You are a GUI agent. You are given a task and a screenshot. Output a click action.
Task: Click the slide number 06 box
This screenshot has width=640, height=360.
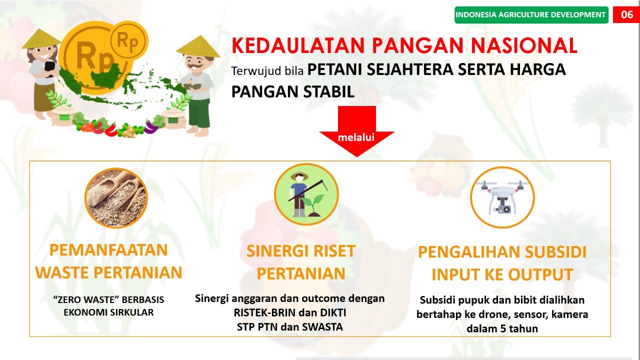click(626, 14)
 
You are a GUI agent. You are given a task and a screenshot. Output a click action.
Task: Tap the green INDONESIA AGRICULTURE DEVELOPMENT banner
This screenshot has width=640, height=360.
click(531, 14)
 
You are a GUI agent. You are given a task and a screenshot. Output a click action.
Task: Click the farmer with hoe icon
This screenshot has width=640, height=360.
click(306, 194)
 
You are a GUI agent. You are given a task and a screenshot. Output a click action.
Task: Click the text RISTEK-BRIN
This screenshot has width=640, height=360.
click(254, 313)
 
